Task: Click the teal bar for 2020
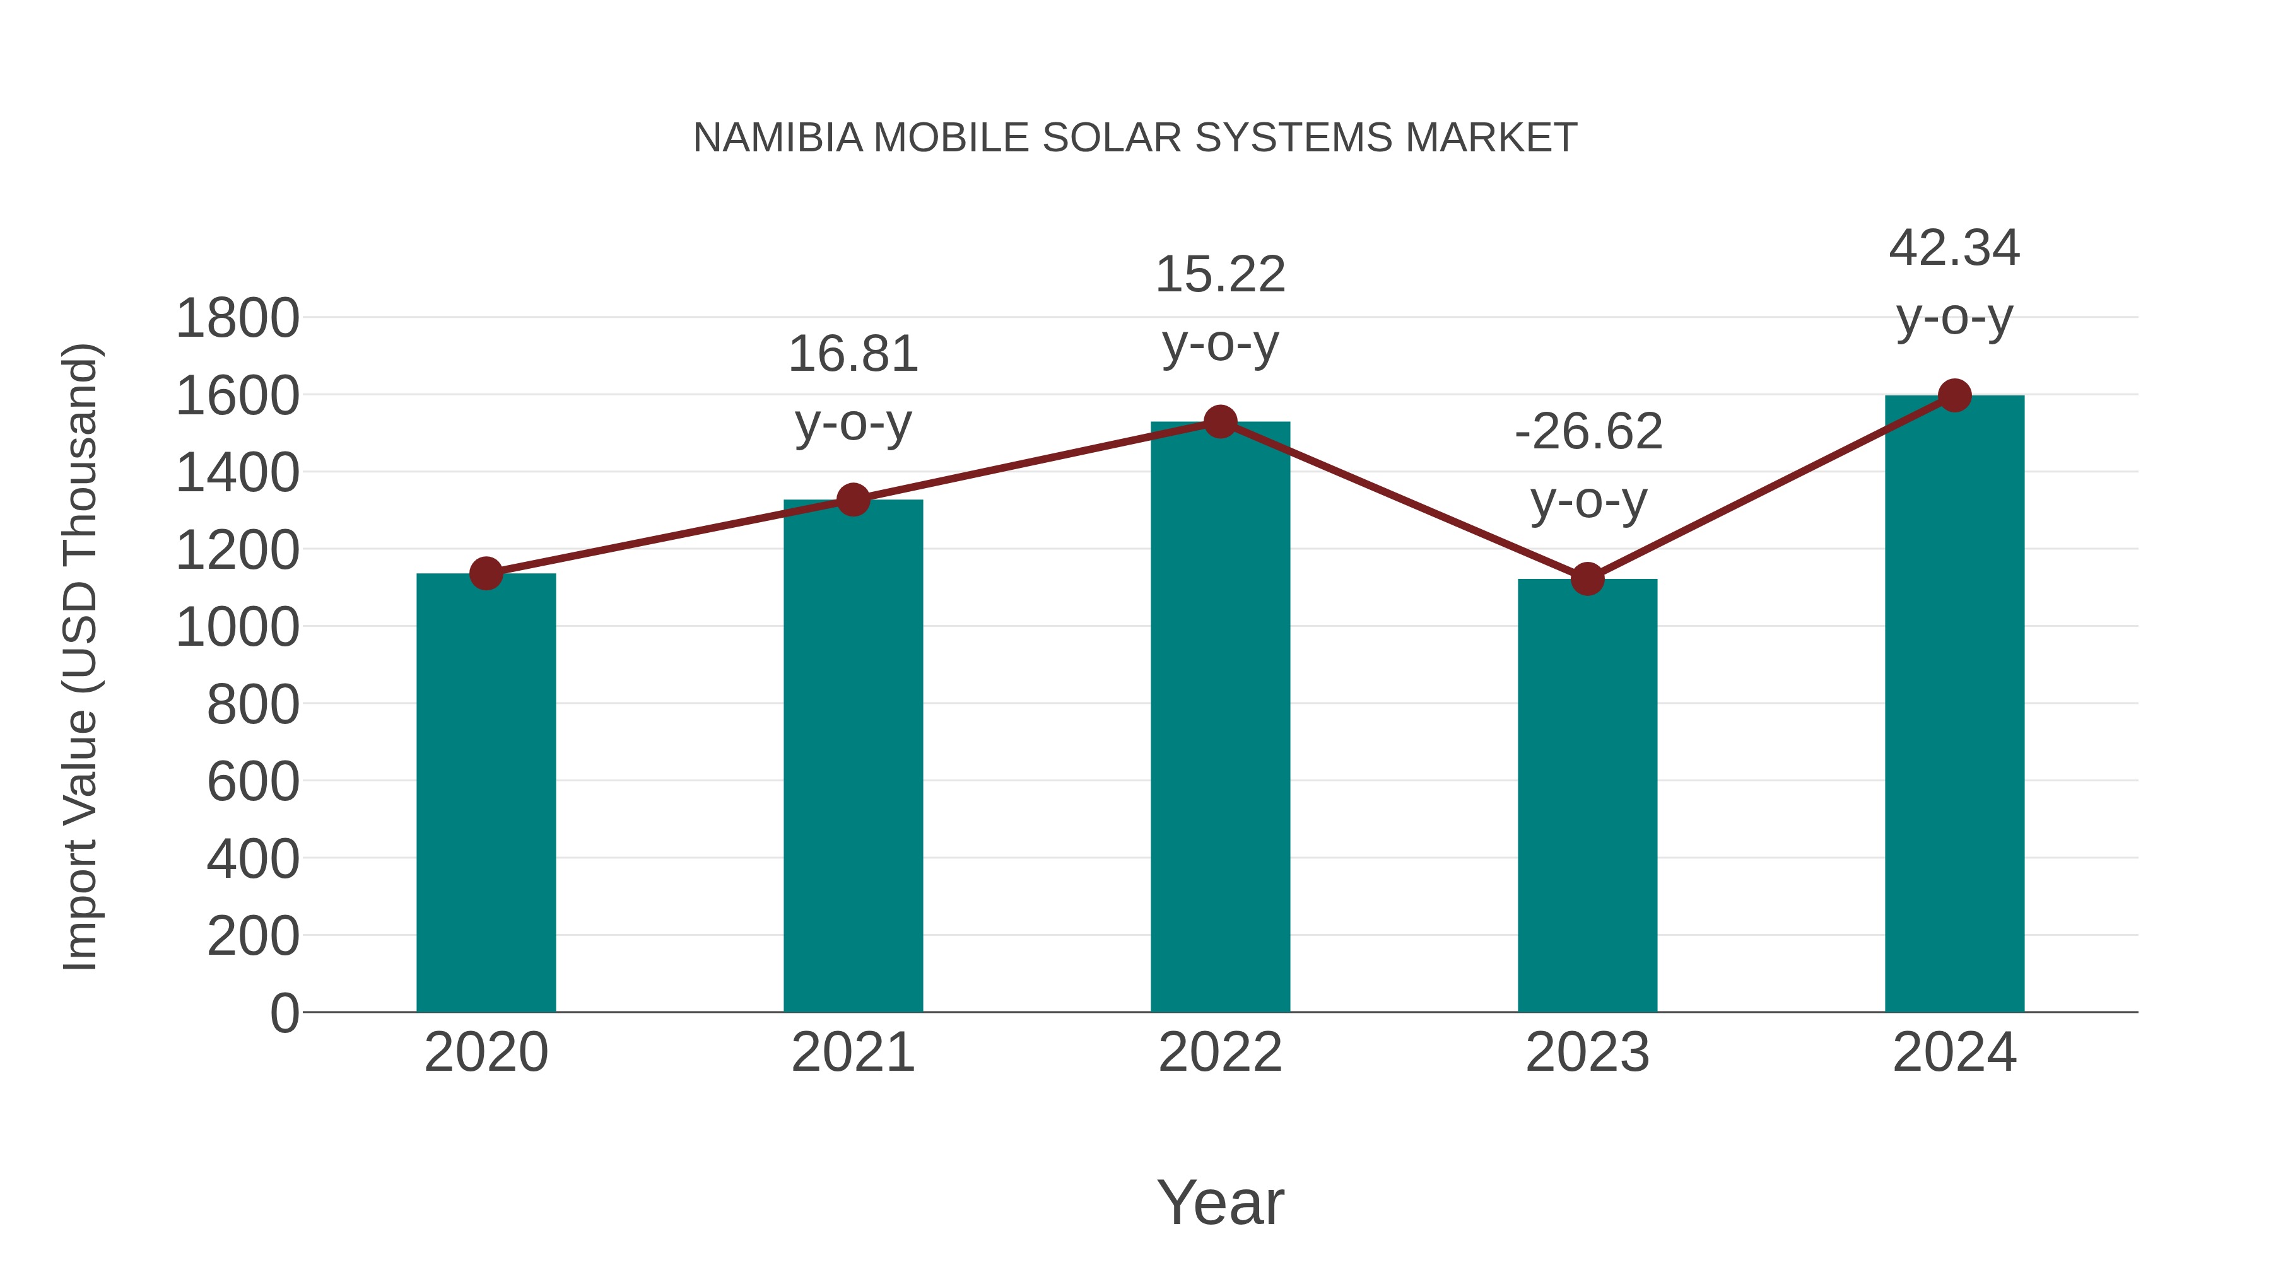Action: tap(486, 793)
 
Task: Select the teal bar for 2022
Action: tap(1220, 718)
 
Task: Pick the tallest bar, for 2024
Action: tap(1954, 705)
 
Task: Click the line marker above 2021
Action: tap(852, 499)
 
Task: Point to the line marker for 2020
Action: tap(486, 574)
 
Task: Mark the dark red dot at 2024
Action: tap(1954, 395)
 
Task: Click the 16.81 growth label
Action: tap(852, 354)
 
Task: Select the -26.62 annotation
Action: tap(1588, 432)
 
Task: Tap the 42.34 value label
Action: tap(1954, 248)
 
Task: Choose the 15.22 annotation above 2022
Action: tap(1220, 274)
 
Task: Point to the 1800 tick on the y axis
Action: tap(237, 318)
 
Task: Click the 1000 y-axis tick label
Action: tap(237, 627)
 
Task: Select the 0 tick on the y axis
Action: tap(284, 1013)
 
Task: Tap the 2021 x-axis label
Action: tap(852, 1053)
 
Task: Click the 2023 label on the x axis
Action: tap(1587, 1053)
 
